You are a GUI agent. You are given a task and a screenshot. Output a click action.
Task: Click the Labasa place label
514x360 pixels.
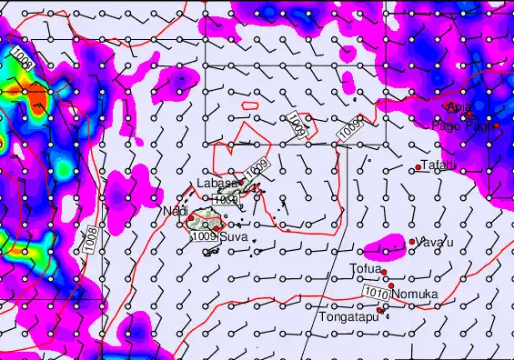(217, 183)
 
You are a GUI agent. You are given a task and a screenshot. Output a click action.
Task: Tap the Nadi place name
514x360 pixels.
(175, 212)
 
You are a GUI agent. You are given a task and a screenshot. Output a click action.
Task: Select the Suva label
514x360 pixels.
(234, 236)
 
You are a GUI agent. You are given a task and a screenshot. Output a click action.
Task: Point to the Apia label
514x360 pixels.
(460, 106)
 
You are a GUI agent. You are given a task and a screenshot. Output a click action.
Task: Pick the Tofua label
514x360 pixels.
(366, 269)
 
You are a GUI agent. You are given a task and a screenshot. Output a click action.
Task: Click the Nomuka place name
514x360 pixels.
(415, 294)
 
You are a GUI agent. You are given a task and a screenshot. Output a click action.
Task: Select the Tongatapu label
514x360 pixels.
(348, 317)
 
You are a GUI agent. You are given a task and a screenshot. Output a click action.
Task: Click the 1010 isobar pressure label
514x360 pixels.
(376, 293)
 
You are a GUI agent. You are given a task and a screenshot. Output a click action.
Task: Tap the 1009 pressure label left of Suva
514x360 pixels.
(204, 235)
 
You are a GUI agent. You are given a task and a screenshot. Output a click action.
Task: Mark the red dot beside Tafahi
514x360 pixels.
(418, 166)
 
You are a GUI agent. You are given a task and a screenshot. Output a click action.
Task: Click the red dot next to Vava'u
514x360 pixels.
(412, 242)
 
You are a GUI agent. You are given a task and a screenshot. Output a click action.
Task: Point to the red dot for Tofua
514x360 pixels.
(384, 272)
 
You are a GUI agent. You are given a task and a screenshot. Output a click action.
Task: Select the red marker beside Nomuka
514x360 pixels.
(391, 286)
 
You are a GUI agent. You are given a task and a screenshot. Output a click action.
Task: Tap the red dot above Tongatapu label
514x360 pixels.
(380, 310)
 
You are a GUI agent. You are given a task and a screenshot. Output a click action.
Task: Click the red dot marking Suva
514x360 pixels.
(218, 226)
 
